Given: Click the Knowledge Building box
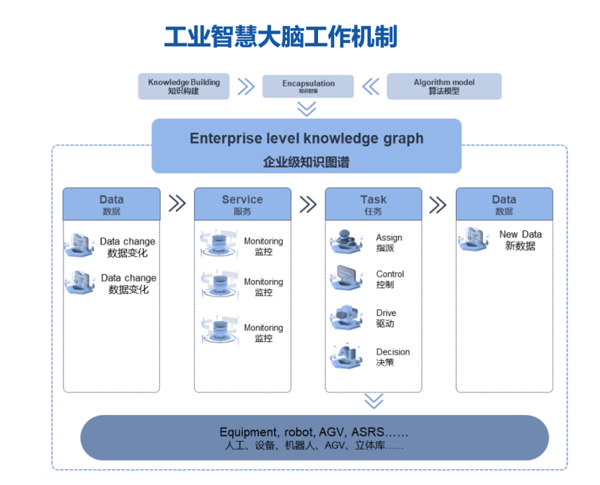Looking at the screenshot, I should [x=184, y=86].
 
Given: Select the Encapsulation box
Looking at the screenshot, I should [x=308, y=86].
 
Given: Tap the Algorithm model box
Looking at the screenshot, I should [x=444, y=86].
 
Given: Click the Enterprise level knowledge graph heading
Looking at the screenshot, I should [x=306, y=139].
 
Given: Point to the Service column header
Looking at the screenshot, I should [x=242, y=204].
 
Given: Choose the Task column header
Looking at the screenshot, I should [x=373, y=204].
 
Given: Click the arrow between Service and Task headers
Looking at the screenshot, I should [x=308, y=204].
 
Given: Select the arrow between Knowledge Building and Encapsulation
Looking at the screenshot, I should [x=246, y=87].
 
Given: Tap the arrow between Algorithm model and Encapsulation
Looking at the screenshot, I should [x=371, y=87].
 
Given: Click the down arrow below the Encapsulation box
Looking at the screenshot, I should [x=307, y=108].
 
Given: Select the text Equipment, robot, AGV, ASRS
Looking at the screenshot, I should [x=314, y=432].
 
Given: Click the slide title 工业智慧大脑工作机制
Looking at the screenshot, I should [x=281, y=36].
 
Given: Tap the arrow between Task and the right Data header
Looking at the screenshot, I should [x=438, y=204].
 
